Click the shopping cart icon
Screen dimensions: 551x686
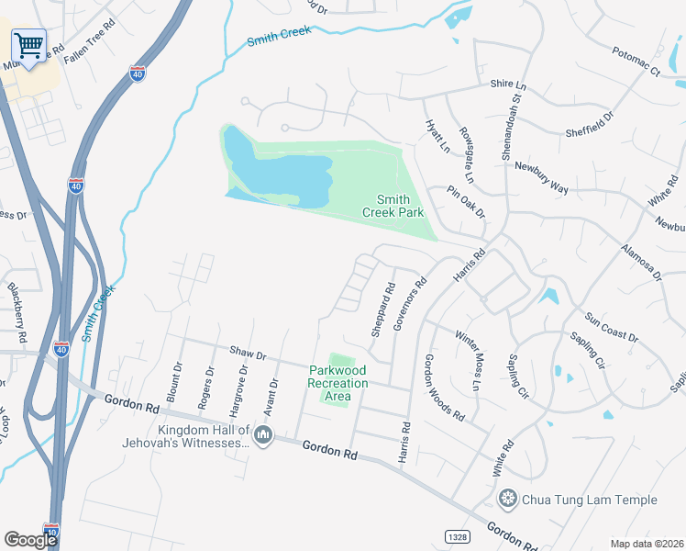(x=29, y=45)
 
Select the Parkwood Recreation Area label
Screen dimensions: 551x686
(x=337, y=383)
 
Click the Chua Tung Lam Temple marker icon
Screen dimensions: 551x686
(x=506, y=500)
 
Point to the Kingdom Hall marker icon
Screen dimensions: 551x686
(x=263, y=434)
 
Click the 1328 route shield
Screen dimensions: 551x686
(x=459, y=534)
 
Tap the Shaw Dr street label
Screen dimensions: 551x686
(x=248, y=354)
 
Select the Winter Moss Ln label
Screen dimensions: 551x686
(x=467, y=360)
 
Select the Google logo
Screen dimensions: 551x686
(x=30, y=539)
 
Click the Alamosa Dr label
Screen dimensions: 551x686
(x=640, y=262)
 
